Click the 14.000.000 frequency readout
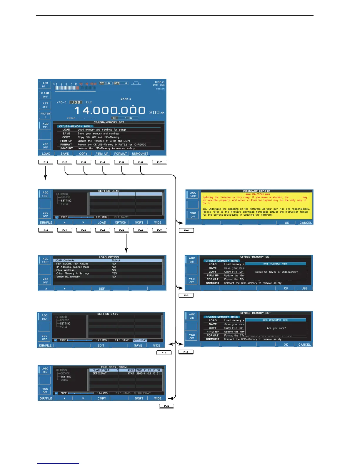110,111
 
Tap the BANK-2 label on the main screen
126,99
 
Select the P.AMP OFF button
45,95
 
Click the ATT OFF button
45,105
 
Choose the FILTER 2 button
45,115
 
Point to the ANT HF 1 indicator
45,85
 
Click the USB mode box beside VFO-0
76,102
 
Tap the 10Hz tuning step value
129,118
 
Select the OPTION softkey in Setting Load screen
121,222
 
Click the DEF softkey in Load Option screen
102,289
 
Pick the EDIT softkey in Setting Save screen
101,345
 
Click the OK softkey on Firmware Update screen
287,223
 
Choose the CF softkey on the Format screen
286,288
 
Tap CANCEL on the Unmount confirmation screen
304,344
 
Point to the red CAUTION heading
258,194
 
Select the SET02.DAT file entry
100,373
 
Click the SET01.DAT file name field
140,340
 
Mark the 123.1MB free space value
101,217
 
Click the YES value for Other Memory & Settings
114,273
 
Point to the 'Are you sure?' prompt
276,328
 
